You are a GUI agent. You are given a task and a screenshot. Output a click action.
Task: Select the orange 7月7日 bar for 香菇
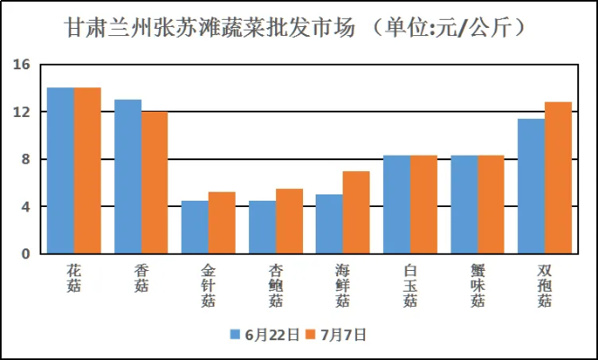click(x=155, y=183)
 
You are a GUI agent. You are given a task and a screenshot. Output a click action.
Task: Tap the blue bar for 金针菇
click(x=195, y=227)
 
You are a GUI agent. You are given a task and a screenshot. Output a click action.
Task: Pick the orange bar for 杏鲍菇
click(x=290, y=221)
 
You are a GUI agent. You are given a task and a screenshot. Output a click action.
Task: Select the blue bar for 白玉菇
click(x=397, y=204)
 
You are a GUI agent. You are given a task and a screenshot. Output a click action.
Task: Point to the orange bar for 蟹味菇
click(x=491, y=204)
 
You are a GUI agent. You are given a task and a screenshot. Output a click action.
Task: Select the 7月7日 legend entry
click(x=336, y=334)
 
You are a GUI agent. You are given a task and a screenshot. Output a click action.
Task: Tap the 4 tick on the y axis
click(x=26, y=207)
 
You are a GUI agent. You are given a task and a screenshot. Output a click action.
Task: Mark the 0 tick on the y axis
click(x=26, y=254)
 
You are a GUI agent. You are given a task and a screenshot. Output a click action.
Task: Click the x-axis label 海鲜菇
click(x=343, y=285)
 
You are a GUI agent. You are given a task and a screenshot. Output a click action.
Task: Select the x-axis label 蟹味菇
click(x=478, y=285)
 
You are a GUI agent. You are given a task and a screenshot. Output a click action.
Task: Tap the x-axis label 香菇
click(x=141, y=278)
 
